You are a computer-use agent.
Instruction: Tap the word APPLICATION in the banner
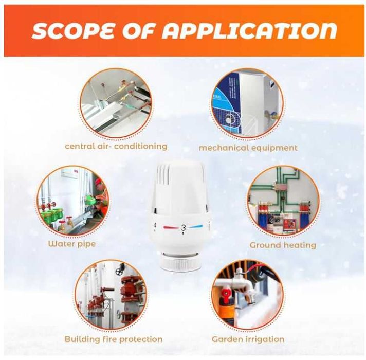tap(249, 30)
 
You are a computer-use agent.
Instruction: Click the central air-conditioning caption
tap(116, 147)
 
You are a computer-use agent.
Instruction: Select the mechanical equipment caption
tap(248, 148)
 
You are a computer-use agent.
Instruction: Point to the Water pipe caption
tap(72, 244)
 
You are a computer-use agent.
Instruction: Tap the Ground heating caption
tap(283, 245)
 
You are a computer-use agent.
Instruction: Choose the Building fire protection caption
tap(114, 339)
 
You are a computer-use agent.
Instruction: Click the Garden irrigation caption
tap(248, 339)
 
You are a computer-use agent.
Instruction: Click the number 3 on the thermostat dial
tap(184, 228)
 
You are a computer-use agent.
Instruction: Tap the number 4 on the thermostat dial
tap(155, 226)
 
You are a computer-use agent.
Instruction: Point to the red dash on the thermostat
tap(171, 227)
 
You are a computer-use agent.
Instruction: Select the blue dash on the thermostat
tap(196, 226)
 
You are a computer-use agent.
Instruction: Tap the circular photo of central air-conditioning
tap(116, 104)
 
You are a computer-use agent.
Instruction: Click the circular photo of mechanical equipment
tap(247, 104)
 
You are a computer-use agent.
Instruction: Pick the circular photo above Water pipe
tap(73, 201)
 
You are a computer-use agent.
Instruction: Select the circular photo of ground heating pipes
tap(283, 202)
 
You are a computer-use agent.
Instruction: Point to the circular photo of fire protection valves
tap(112, 295)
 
